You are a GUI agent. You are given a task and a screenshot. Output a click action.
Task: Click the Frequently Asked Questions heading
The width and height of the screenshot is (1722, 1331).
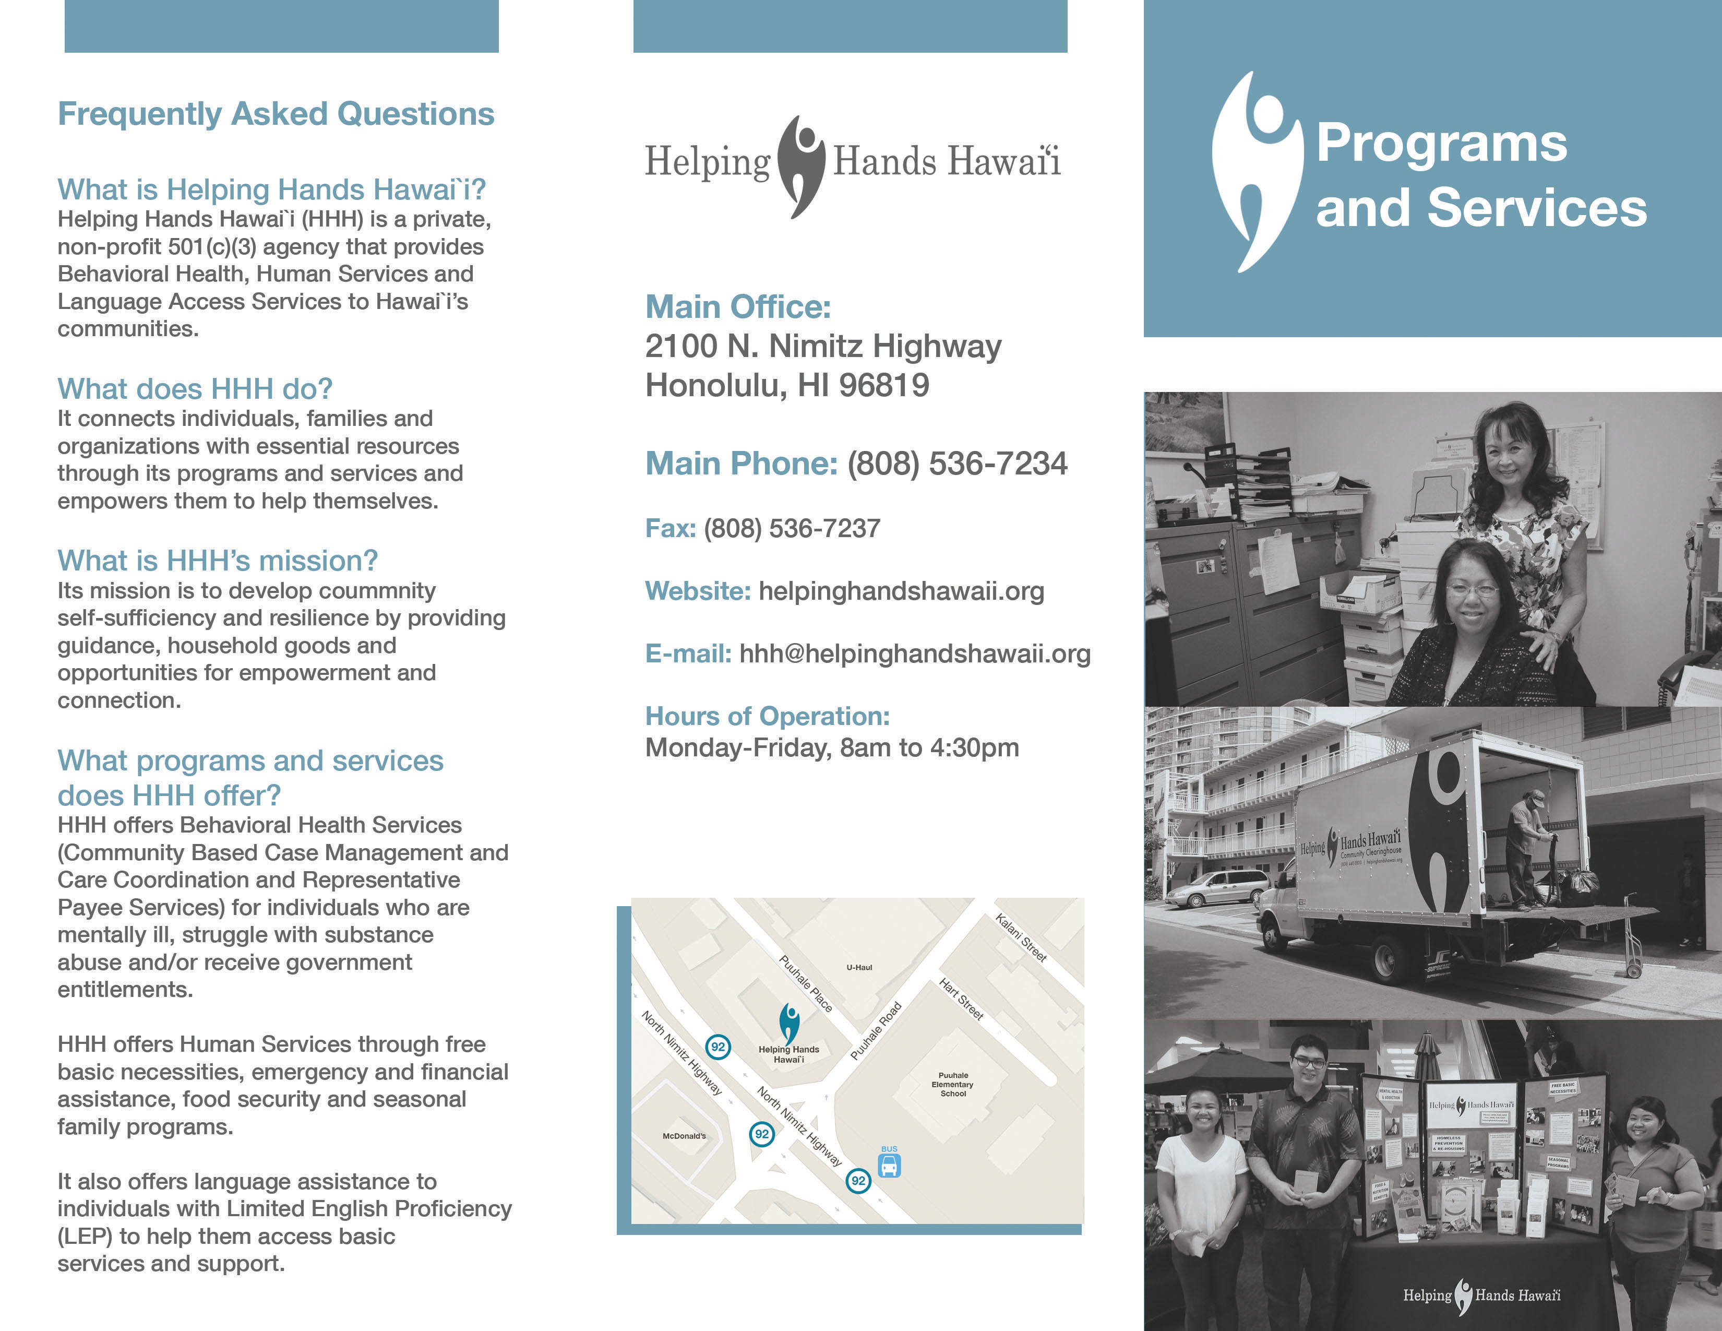pyautogui.click(x=276, y=114)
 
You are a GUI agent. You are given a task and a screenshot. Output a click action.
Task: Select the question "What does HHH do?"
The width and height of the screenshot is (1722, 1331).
pyautogui.click(x=195, y=389)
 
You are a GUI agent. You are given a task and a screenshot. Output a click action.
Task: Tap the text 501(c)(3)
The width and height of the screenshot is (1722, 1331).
pyautogui.click(x=211, y=247)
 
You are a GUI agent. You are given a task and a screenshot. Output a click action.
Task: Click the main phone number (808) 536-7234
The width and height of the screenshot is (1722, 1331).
pyautogui.click(x=957, y=464)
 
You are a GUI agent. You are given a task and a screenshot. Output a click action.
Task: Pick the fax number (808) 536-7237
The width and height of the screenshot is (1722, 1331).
pyautogui.click(x=792, y=528)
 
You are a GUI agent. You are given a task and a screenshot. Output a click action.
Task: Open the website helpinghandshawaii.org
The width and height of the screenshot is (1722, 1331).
pyautogui.click(x=901, y=591)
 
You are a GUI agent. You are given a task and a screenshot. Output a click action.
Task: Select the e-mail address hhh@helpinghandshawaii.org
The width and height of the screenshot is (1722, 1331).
pyautogui.click(x=915, y=653)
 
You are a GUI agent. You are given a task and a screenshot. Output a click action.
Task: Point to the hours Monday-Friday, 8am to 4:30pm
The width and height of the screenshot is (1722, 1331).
pyautogui.click(x=832, y=747)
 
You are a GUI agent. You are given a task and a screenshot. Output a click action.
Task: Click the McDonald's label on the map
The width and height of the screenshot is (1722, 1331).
pyautogui.click(x=684, y=1136)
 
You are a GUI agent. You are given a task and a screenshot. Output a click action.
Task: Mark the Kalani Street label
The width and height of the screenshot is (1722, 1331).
pyautogui.click(x=1021, y=937)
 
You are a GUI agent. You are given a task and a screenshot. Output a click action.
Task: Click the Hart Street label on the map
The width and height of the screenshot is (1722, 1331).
pyautogui.click(x=961, y=999)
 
